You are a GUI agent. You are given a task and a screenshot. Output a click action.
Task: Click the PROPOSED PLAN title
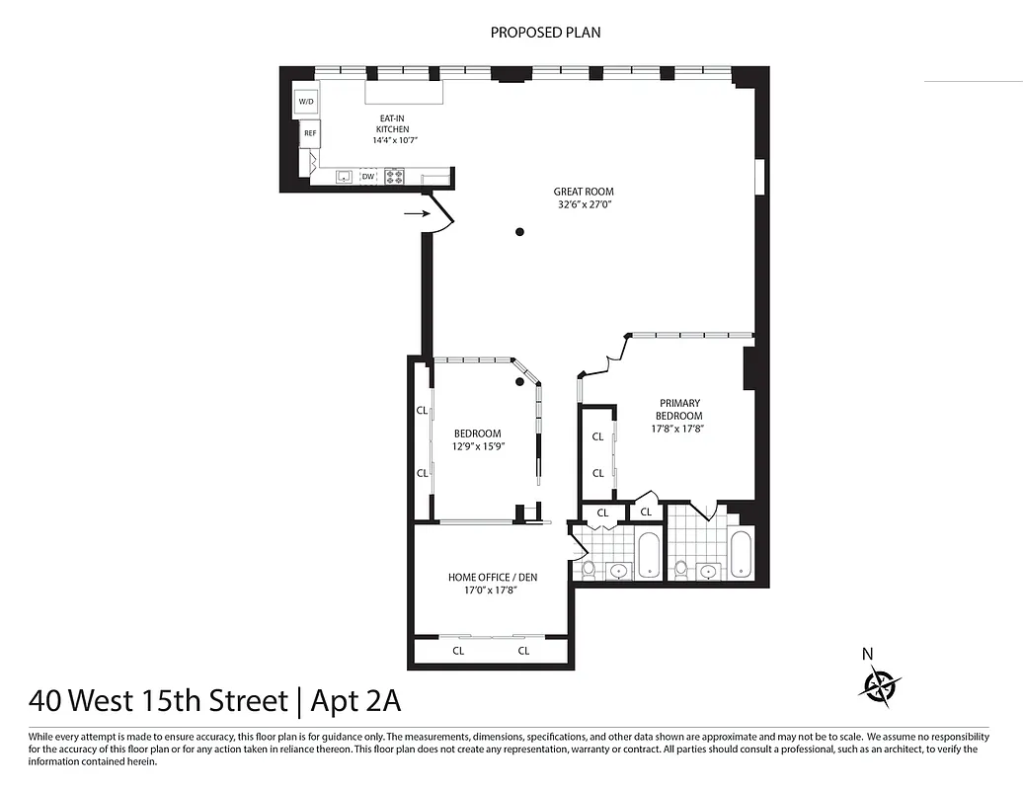pos(545,33)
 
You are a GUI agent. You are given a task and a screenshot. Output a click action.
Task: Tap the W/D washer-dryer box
pos(306,102)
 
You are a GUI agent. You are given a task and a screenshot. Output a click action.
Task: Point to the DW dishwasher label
pos(368,177)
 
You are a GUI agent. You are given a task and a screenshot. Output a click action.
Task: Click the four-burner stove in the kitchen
pos(394,177)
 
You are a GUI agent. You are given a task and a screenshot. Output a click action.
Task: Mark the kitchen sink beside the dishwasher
pos(345,177)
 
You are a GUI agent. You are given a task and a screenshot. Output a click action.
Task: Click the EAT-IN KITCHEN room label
pos(391,123)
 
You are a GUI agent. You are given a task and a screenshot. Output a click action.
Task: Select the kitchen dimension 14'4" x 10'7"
pos(395,141)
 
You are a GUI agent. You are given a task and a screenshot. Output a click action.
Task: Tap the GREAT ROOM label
pos(583,192)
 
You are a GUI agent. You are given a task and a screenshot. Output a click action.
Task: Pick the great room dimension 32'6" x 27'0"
pos(585,205)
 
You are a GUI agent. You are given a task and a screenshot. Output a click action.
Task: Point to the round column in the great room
pos(519,232)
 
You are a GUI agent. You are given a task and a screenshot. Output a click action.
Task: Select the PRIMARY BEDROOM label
pos(678,409)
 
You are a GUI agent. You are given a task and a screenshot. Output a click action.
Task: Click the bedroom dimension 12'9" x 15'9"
pos(478,446)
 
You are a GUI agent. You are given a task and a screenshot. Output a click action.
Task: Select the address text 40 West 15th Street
pos(158,701)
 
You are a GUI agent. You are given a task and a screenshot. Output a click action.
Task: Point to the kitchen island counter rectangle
pos(404,92)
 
